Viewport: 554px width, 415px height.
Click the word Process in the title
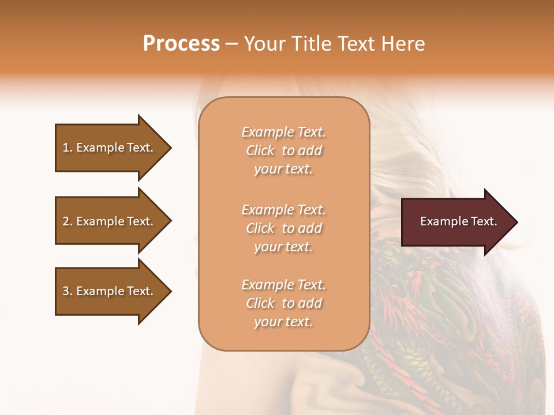tap(181, 43)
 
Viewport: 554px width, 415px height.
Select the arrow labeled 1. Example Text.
tap(110, 148)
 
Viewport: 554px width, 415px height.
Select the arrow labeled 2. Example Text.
tap(110, 221)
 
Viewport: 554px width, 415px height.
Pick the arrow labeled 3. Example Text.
tap(110, 291)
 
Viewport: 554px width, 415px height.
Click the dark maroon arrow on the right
tap(456, 222)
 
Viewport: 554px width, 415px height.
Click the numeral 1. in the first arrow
tap(68, 148)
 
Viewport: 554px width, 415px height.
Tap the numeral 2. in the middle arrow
tap(68, 221)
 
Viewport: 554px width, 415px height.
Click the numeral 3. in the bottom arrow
tap(68, 291)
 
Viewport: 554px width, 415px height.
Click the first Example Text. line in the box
tap(283, 132)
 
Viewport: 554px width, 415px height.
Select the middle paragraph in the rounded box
tap(283, 228)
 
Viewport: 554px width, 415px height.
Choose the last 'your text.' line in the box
tap(283, 322)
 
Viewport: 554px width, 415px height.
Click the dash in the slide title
tap(232, 43)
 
